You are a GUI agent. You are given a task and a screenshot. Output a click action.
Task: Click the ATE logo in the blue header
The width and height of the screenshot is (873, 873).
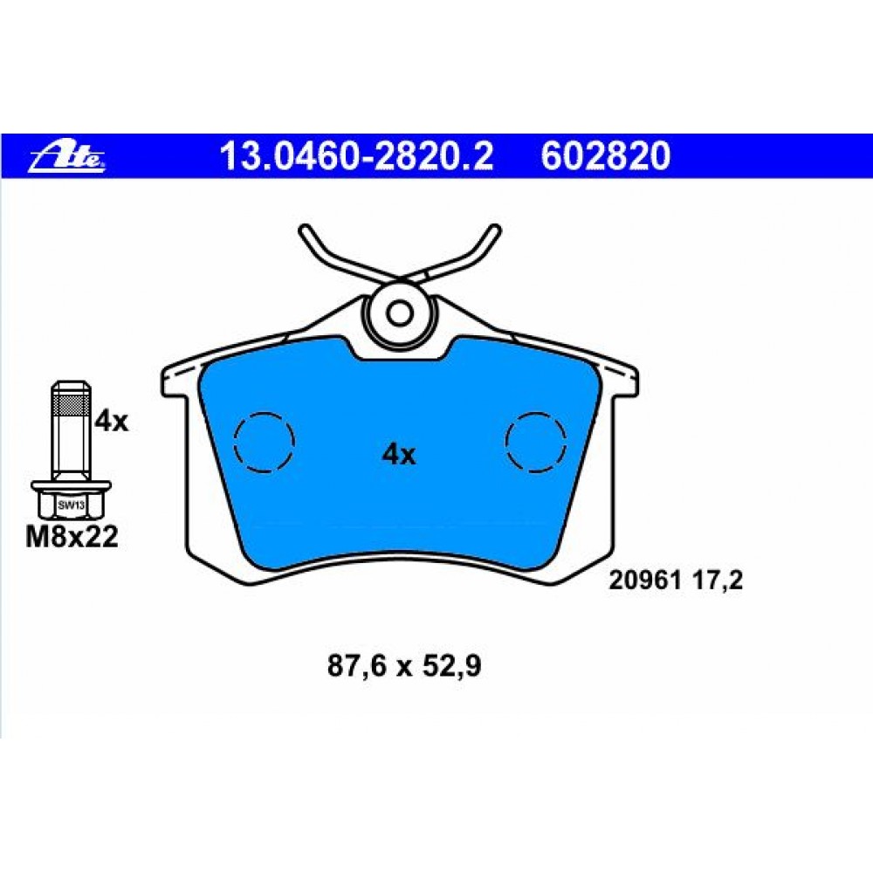click(67, 156)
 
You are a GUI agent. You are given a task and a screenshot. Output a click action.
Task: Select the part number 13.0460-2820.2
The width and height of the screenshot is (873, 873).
click(356, 156)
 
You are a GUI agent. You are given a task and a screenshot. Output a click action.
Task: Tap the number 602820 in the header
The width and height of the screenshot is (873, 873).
click(605, 156)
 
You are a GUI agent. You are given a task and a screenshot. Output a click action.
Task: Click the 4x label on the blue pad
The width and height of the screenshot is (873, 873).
click(398, 455)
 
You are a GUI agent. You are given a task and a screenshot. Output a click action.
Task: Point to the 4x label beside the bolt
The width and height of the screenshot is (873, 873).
click(111, 421)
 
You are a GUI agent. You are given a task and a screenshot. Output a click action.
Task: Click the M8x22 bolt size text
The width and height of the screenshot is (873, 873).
click(72, 537)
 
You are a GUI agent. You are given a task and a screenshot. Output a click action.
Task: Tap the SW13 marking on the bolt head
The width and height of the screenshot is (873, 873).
click(71, 505)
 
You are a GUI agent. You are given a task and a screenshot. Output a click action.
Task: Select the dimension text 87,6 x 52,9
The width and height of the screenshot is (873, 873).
click(403, 666)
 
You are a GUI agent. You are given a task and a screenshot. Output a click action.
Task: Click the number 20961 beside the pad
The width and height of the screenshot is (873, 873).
click(645, 581)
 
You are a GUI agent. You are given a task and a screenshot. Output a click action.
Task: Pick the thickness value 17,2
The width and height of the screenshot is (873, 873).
click(718, 581)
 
